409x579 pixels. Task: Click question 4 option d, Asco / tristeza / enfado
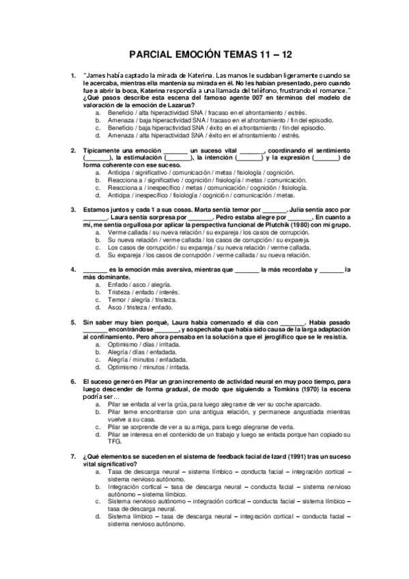coord(135,307)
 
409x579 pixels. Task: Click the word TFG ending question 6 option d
coord(113,442)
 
